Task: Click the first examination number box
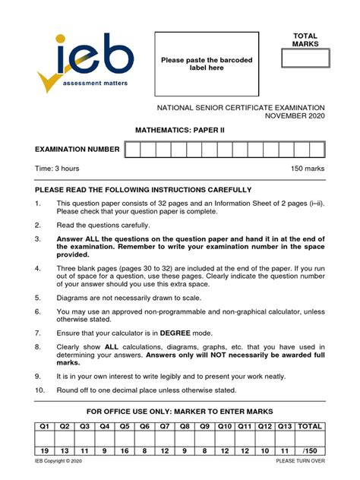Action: [131, 150]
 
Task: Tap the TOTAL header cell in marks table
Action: [310, 428]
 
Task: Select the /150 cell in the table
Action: [310, 450]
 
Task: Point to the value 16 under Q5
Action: [125, 450]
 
